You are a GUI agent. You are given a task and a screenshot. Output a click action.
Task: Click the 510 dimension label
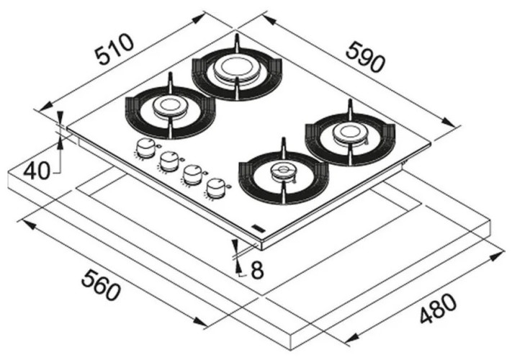pos(115,48)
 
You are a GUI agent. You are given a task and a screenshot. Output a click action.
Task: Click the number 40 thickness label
pos(36,171)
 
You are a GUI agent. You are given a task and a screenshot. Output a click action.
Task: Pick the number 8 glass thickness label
pos(257,271)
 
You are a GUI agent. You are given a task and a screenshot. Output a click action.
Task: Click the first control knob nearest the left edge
pos(145,148)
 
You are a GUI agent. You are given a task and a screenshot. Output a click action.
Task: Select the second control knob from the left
pos(169,161)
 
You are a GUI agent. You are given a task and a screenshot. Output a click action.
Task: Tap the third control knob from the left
pos(192,174)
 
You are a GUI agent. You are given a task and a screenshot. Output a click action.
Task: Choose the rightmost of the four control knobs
pos(215,187)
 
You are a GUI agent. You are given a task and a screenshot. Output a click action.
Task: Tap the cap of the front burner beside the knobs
pos(282,171)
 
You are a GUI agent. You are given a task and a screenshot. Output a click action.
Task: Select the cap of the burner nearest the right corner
pos(349,132)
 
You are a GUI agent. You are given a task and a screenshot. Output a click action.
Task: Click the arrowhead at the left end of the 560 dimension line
pos(24,223)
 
